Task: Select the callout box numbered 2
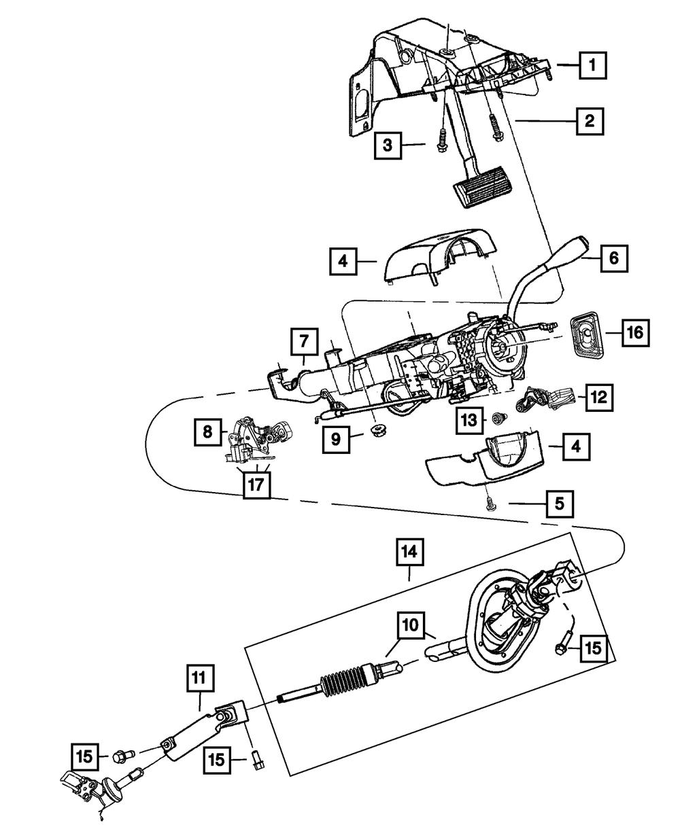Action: pos(590,122)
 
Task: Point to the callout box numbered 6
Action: pos(613,258)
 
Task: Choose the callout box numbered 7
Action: pos(303,343)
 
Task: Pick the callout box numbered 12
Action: pos(598,397)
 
